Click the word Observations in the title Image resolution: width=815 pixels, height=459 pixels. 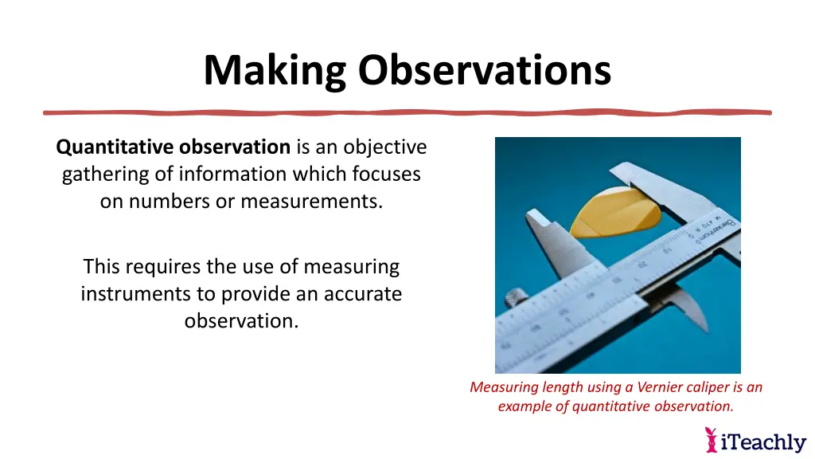(x=484, y=70)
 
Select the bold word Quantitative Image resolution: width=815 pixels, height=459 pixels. (x=115, y=147)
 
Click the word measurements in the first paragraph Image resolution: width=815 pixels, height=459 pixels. (x=311, y=202)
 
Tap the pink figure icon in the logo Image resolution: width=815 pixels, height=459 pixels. (x=711, y=440)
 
